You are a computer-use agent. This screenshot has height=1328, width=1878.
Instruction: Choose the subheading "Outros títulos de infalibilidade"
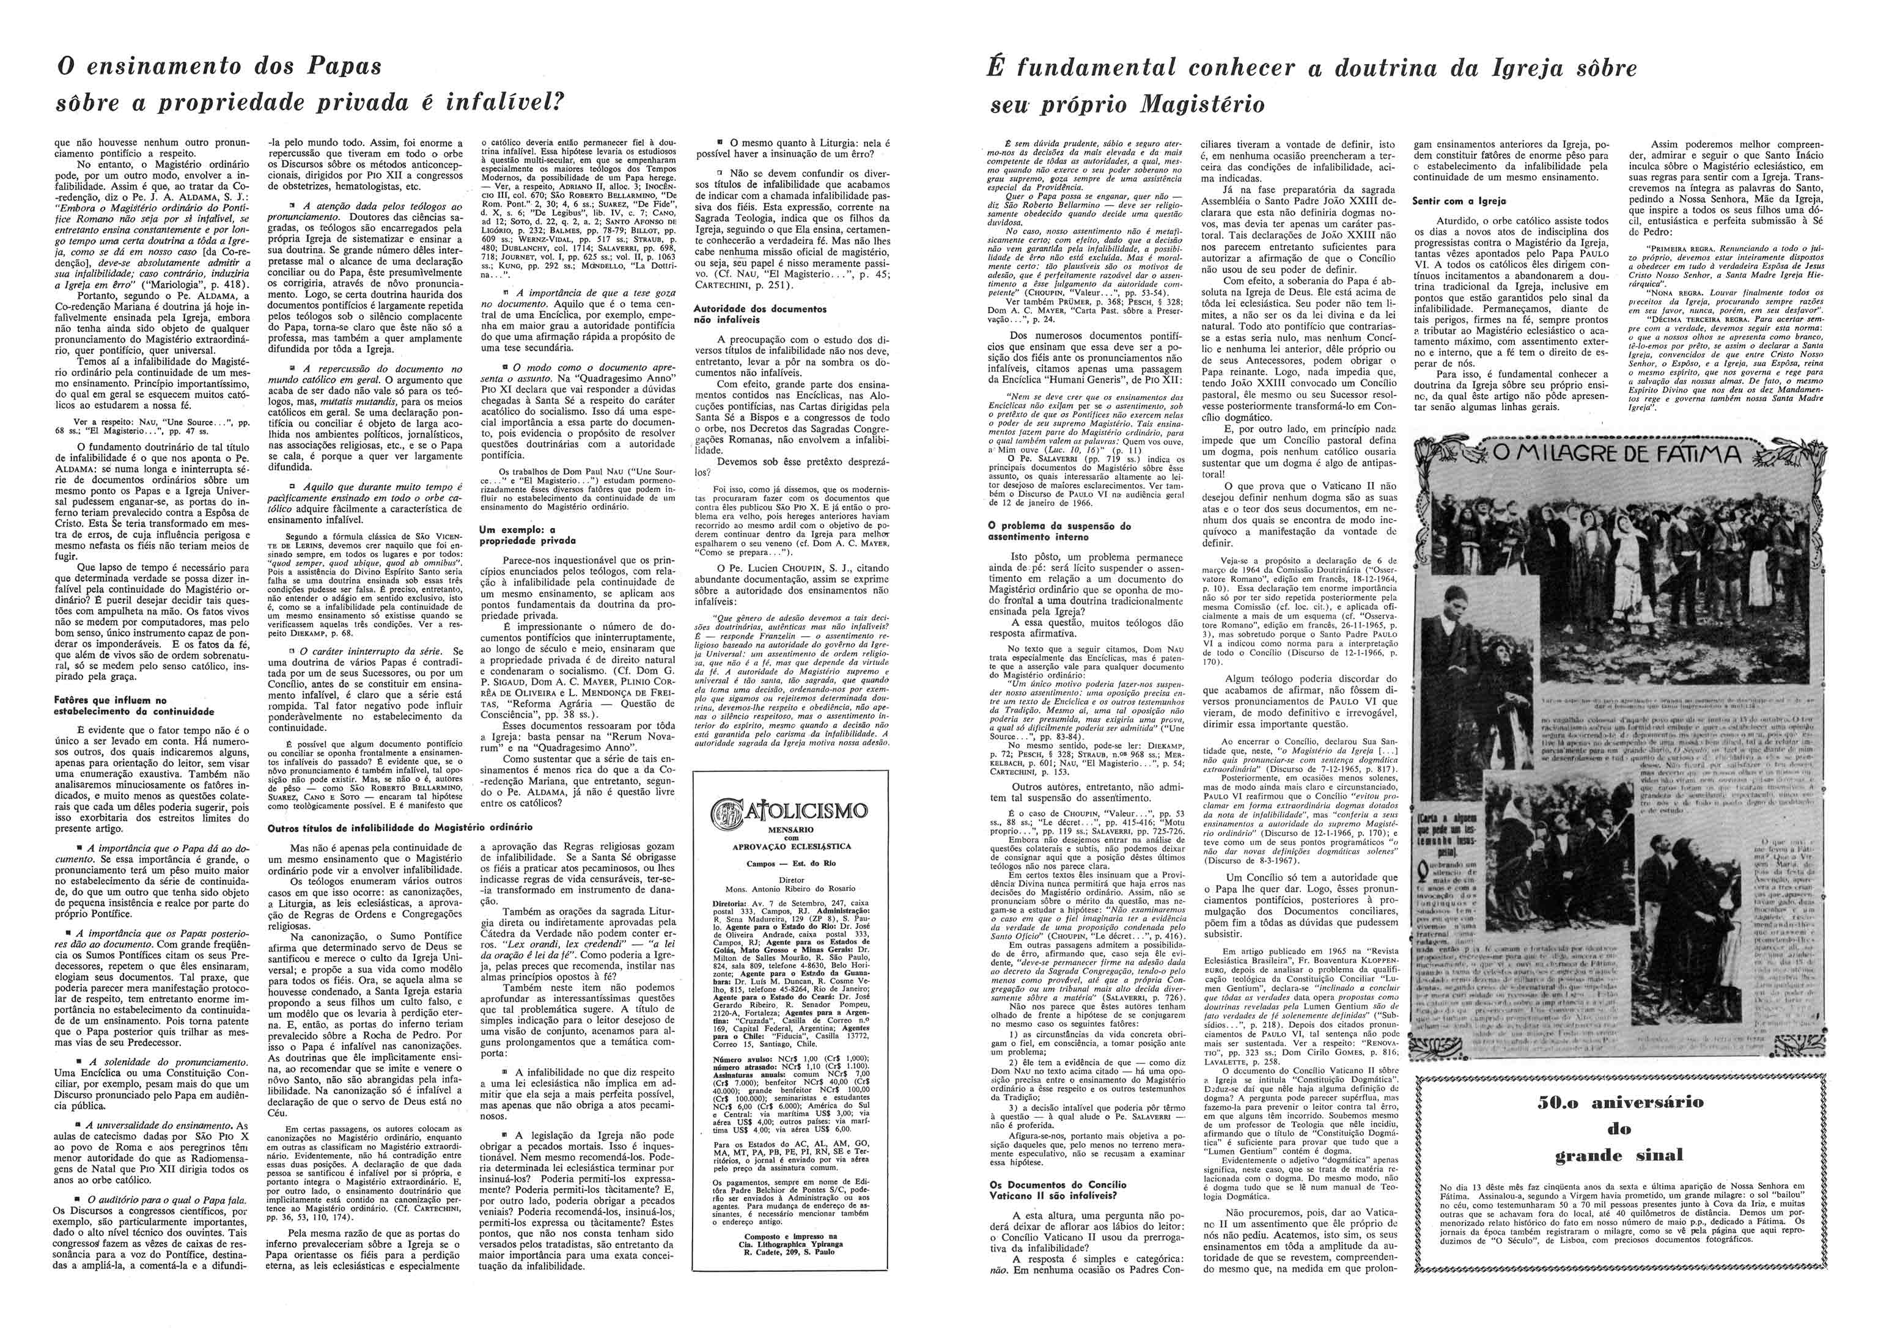tap(401, 827)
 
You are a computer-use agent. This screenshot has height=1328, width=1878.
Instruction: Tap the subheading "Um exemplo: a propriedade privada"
tap(527, 535)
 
